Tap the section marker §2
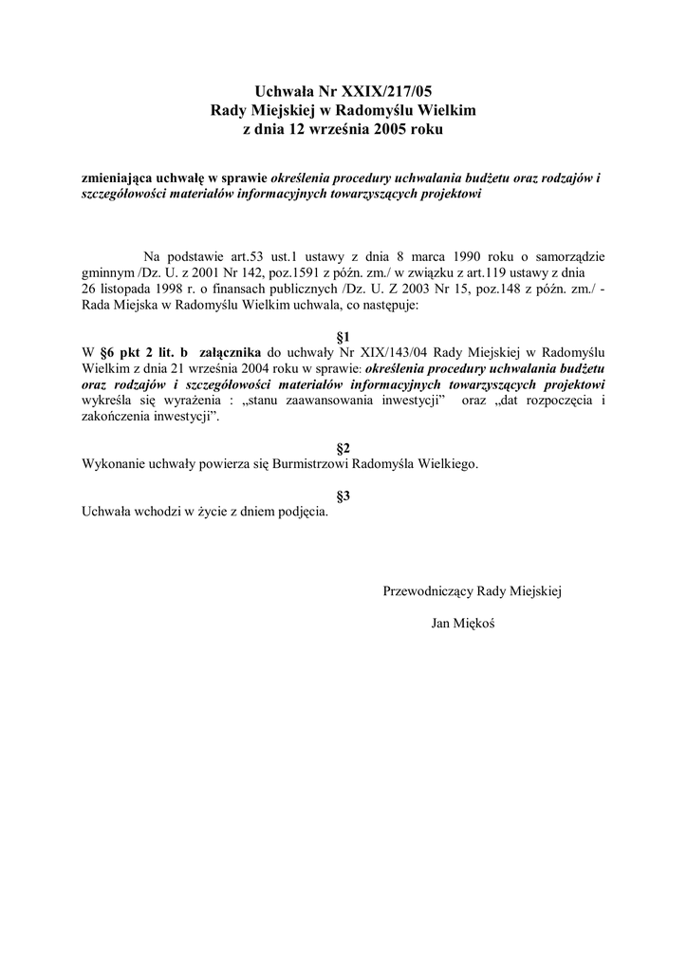coord(343,448)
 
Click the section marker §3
coord(343,495)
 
